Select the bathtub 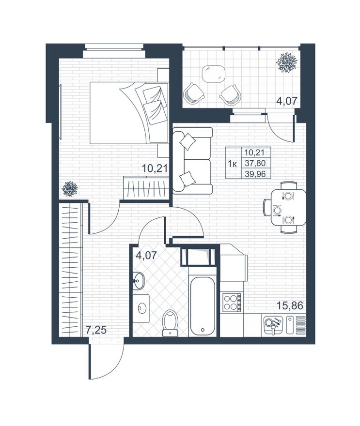[202, 306]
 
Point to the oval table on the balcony [214, 74]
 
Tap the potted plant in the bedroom [70, 188]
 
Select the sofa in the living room [192, 161]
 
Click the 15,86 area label [290, 306]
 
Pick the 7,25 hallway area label [96, 330]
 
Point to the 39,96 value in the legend [255, 174]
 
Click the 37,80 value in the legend [255, 163]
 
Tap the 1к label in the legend [233, 164]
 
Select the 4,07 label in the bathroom [147, 256]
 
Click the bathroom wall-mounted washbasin [139, 281]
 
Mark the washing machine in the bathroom [141, 308]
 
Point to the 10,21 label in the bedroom [154, 169]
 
